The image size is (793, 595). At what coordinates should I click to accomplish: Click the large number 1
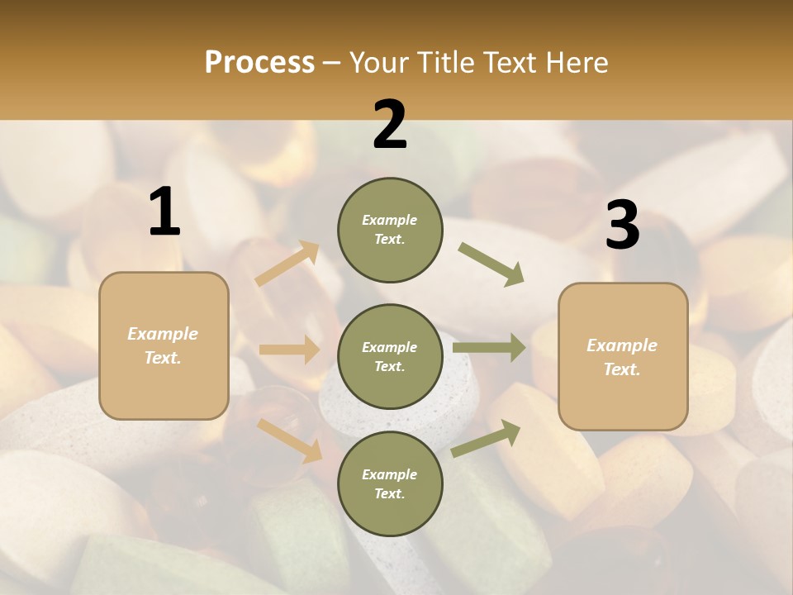point(164,212)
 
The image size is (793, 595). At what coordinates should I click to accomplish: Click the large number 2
point(390,125)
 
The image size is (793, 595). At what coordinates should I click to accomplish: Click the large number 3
point(622,225)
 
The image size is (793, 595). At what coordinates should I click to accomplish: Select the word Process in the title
point(259,63)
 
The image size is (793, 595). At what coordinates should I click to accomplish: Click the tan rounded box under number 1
point(164,345)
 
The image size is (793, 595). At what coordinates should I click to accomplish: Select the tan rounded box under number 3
point(623,356)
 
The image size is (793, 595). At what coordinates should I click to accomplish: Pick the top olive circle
point(390,230)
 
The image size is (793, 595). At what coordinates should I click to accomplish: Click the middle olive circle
point(390,356)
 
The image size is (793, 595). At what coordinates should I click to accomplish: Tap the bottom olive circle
point(390,483)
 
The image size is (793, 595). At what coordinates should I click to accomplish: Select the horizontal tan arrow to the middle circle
point(289,350)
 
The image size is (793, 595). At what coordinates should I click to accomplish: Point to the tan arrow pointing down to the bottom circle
point(290,440)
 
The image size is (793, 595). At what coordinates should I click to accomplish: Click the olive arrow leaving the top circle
point(491,264)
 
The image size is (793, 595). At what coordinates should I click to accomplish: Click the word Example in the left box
point(163,334)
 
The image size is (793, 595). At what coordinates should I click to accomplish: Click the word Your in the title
point(380,63)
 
